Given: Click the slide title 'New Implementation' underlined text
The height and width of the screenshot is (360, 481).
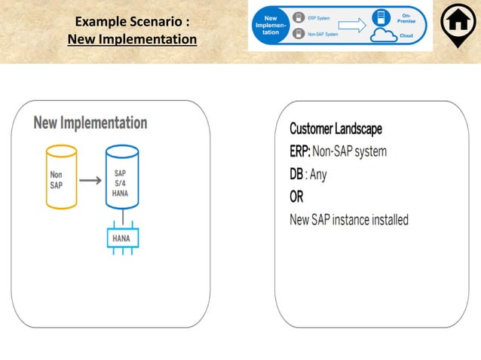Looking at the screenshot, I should (x=132, y=38).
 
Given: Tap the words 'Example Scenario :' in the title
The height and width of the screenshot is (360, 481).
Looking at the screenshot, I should (x=132, y=22).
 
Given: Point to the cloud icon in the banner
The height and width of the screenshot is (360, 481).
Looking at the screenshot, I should (x=385, y=37).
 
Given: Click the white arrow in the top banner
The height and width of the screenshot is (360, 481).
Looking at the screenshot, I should (x=350, y=26).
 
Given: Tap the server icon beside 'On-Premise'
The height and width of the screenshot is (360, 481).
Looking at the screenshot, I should (x=379, y=17).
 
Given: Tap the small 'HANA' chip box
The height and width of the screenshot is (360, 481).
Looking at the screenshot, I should (x=121, y=238).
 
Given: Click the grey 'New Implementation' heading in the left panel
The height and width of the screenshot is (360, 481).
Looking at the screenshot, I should (x=90, y=123).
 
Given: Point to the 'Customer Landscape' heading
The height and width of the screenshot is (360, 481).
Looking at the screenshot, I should (x=335, y=129).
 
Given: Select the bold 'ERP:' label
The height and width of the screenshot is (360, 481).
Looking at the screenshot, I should (x=302, y=151).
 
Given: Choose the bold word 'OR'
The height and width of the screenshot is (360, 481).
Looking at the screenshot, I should (x=297, y=197).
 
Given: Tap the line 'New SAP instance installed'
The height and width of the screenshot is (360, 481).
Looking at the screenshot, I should (x=349, y=220).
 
